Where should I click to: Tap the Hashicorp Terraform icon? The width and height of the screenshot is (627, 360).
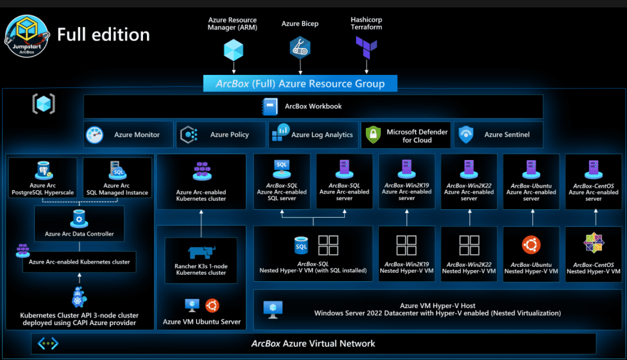[366, 46]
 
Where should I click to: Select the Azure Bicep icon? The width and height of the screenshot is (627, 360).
[300, 48]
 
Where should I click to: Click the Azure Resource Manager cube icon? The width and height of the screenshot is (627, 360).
[233, 50]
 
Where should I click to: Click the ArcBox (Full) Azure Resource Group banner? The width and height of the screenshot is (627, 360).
[300, 83]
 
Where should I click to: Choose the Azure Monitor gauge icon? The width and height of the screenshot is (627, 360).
[95, 135]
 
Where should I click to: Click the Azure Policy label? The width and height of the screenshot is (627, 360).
[229, 135]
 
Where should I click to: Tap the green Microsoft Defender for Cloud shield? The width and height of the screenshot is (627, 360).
[373, 135]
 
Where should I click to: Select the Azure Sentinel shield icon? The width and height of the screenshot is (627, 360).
[467, 135]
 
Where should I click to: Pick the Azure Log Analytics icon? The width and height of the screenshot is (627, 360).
[281, 133]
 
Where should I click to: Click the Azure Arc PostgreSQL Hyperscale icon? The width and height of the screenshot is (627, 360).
[43, 170]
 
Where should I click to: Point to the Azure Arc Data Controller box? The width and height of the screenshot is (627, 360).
[79, 222]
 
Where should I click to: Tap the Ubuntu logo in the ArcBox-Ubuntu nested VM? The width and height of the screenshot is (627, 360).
[531, 245]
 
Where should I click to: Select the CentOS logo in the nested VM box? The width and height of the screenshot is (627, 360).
[593, 243]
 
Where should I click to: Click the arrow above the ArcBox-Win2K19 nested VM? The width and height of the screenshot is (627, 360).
[406, 218]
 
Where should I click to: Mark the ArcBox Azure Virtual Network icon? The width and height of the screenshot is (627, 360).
[48, 343]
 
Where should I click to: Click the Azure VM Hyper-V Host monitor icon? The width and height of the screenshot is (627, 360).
[273, 309]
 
